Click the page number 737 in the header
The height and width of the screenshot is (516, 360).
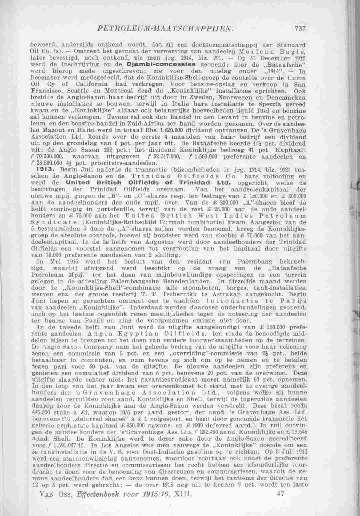click(301, 29)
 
